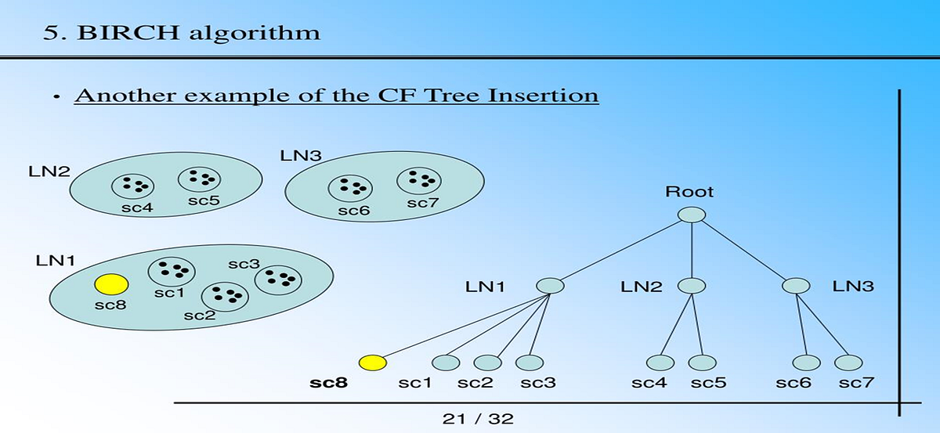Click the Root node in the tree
(692, 215)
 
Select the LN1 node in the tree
(550, 287)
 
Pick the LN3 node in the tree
(796, 287)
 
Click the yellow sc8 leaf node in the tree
(372, 363)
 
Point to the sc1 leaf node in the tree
(446, 363)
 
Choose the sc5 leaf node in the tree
(702, 363)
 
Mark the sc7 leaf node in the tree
(848, 363)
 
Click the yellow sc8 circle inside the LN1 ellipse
(110, 283)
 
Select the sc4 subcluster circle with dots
(132, 186)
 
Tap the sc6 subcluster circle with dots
(349, 187)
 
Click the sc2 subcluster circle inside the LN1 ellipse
(225, 295)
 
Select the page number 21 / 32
(478, 419)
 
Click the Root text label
(689, 191)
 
